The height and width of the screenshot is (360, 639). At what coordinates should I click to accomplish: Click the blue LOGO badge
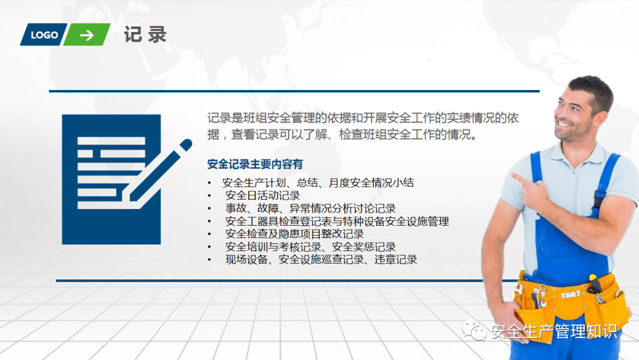[x=44, y=35]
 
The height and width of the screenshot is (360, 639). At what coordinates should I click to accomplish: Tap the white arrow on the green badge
[x=87, y=36]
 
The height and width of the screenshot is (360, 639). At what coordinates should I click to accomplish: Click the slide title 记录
[x=145, y=34]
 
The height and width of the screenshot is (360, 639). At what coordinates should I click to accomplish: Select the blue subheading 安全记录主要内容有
[x=255, y=164]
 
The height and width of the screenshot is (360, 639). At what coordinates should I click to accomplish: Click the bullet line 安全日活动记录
[x=263, y=195]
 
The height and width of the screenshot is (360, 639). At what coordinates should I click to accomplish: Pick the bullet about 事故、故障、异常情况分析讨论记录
[x=311, y=208]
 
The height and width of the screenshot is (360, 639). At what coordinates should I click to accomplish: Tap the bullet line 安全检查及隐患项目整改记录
[x=294, y=234]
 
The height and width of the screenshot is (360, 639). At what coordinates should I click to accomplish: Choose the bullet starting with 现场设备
[x=321, y=260]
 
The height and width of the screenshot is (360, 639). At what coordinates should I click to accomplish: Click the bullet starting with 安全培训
[x=311, y=247]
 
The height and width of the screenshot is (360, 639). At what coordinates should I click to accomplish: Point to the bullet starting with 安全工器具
[x=337, y=221]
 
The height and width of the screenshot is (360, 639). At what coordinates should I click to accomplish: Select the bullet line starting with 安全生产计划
[x=318, y=182]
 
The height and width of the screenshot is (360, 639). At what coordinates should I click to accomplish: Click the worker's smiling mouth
[x=565, y=123]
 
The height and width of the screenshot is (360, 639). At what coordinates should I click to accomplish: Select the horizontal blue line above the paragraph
[x=294, y=91]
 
